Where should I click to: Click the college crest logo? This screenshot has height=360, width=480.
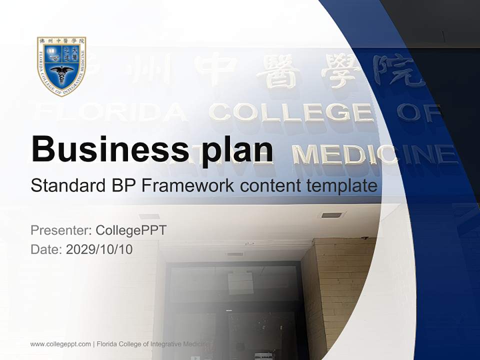(x=61, y=65)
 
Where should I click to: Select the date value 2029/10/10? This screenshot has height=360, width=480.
(x=99, y=249)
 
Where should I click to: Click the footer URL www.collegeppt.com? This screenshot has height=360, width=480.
(x=60, y=344)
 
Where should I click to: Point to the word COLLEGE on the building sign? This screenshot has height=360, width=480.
(x=291, y=112)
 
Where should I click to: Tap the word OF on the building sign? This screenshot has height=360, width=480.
(x=418, y=111)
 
